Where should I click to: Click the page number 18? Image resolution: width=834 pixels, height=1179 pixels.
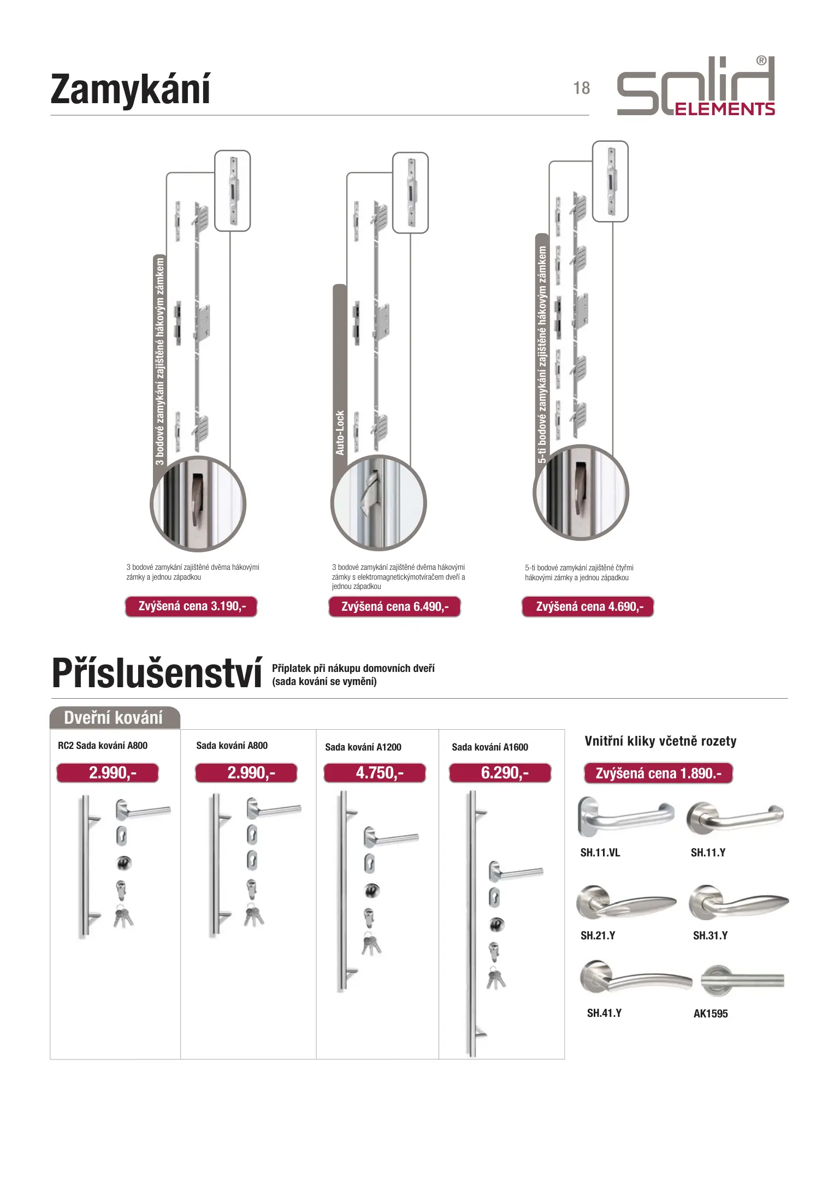click(x=581, y=88)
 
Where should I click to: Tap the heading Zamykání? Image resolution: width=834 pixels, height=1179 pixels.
click(x=130, y=90)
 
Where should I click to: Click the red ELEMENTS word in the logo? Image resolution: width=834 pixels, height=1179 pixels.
click(x=725, y=109)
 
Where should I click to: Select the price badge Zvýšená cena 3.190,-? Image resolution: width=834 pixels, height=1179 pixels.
click(x=191, y=606)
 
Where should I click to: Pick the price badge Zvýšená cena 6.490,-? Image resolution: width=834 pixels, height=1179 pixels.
click(x=394, y=606)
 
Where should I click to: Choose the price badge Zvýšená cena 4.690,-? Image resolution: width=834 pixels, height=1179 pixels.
click(x=588, y=606)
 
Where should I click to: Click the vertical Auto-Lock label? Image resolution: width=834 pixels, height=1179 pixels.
click(x=340, y=432)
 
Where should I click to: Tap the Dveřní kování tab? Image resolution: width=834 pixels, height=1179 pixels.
click(x=114, y=718)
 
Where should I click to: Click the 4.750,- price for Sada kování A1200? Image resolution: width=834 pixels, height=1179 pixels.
click(x=375, y=773)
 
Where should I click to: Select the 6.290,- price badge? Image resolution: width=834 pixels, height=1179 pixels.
click(x=500, y=773)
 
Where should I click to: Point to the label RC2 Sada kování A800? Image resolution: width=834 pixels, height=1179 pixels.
click(x=103, y=746)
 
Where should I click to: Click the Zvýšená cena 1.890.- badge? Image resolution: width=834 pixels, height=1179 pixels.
click(x=658, y=773)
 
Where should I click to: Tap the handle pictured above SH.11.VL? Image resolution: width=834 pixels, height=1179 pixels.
click(x=625, y=817)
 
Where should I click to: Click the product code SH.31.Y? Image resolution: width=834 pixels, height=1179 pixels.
click(x=710, y=936)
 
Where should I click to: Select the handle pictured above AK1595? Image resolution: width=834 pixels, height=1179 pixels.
click(x=742, y=981)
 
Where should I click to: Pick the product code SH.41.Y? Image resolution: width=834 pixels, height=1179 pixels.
click(x=604, y=1013)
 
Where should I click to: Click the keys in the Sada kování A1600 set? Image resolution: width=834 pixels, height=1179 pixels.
click(x=496, y=979)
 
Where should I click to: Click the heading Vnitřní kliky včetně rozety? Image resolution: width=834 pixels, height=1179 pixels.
click(x=660, y=741)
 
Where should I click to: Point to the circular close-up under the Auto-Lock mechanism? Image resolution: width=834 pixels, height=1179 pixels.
click(x=378, y=503)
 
